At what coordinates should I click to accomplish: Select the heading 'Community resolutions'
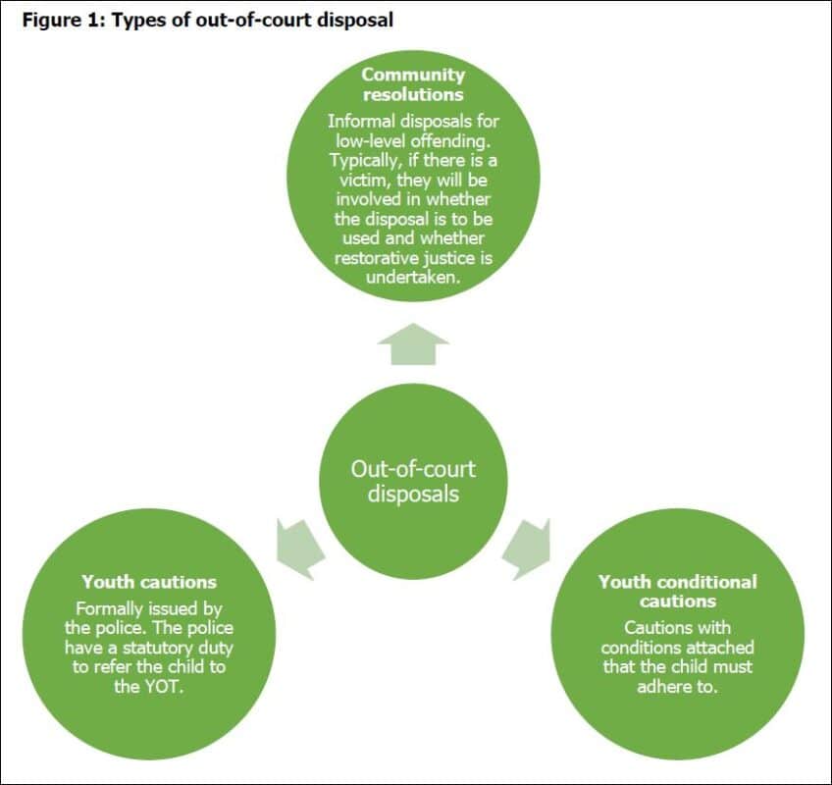(x=413, y=85)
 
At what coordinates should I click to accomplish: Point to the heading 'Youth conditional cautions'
(x=677, y=591)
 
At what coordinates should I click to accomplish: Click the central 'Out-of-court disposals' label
(x=413, y=480)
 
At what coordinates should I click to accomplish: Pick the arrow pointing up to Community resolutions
(x=413, y=344)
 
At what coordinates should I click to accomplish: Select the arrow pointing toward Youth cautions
(x=298, y=547)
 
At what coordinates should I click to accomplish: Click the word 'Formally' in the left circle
(x=110, y=608)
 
